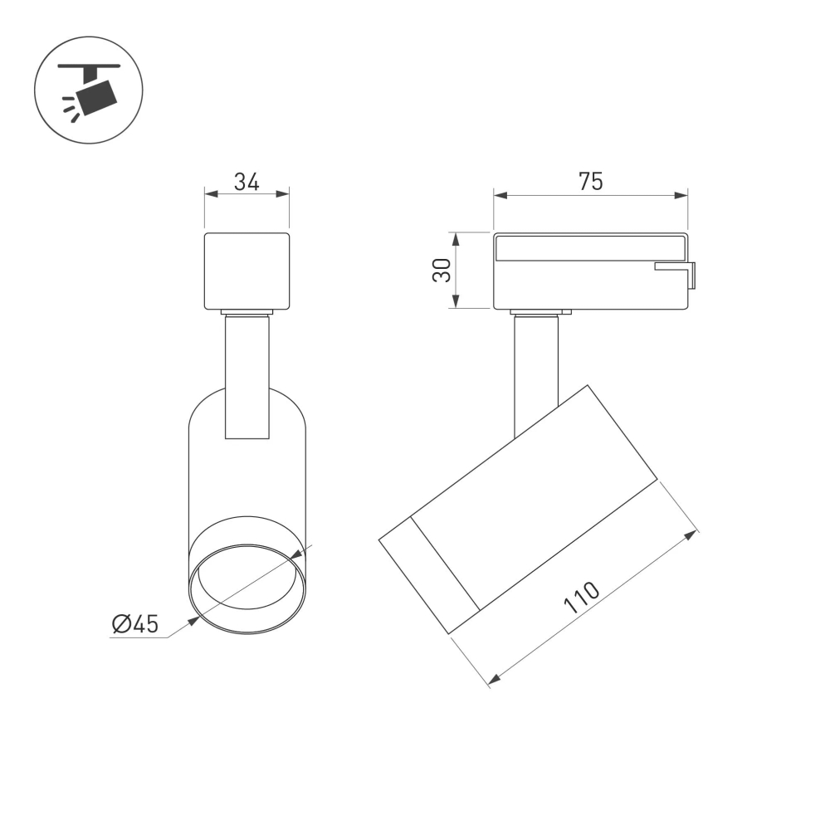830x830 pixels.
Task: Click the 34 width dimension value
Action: (247, 181)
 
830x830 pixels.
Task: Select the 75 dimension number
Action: (591, 182)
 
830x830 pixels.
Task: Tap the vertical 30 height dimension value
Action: (442, 270)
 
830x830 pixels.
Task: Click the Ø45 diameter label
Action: (134, 624)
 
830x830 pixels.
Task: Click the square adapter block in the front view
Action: (247, 271)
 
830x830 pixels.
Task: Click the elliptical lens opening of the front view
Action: (247, 590)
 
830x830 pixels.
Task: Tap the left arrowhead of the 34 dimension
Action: (210, 194)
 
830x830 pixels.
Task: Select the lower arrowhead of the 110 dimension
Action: (494, 680)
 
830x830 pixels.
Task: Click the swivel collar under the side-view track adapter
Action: (541, 314)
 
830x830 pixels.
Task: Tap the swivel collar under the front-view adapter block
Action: (247, 313)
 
